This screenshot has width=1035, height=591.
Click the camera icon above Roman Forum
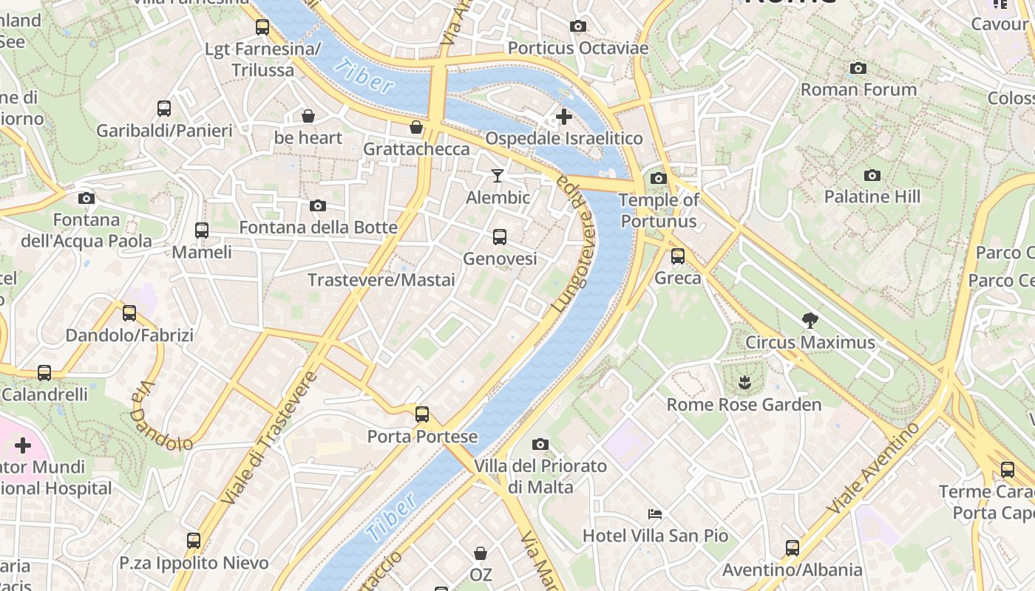coord(858,69)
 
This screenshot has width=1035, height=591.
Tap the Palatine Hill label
coord(872,197)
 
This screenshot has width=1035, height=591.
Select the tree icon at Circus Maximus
coord(810,321)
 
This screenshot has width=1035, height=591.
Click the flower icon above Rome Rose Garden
coord(744,383)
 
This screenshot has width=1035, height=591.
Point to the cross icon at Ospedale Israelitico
coord(564,117)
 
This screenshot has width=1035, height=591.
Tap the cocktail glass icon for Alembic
coord(498,176)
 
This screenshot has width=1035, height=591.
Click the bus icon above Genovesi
coord(500,237)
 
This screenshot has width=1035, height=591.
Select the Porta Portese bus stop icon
coord(422,414)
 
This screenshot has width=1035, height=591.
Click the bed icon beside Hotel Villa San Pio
coord(654,514)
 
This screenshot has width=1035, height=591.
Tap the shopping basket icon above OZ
coord(481,553)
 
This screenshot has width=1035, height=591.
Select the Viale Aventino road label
coord(873,468)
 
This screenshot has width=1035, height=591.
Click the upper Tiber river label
coord(363,76)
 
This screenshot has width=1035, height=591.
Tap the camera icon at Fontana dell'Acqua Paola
coord(86,198)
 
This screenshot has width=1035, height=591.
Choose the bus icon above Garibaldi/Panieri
coord(164,109)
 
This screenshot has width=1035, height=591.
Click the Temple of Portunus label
coord(658,211)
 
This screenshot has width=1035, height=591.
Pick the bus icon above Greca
coord(678,256)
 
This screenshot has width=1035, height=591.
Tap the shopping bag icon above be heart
coord(308,116)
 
